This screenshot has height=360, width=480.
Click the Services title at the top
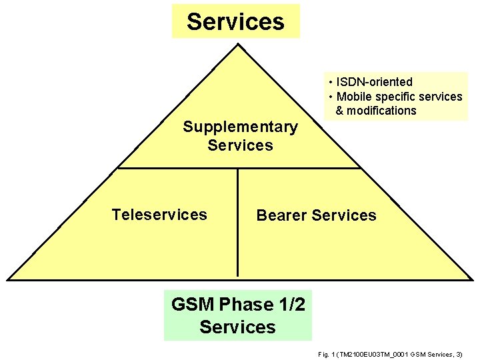(235, 21)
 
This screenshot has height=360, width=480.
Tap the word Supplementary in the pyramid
(240, 127)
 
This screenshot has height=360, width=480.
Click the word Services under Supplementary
(240, 145)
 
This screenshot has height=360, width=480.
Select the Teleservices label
(159, 215)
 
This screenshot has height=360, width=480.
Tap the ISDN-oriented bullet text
(374, 82)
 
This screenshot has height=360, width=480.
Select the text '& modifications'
(376, 111)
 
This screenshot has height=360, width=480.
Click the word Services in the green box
(237, 327)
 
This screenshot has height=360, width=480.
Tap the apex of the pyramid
(238, 45)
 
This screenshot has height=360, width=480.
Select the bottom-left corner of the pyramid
(8, 279)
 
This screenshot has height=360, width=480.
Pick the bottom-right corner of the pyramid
(470, 279)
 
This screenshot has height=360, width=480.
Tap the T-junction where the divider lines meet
(237, 168)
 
